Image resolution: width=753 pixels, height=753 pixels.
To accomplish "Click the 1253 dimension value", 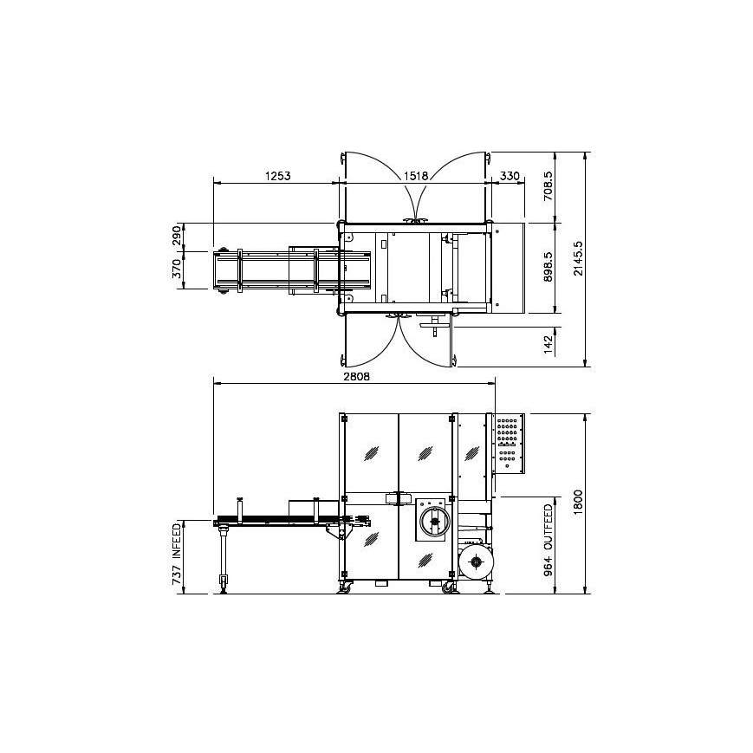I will [x=277, y=176].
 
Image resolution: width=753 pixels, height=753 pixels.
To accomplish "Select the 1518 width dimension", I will [x=416, y=176].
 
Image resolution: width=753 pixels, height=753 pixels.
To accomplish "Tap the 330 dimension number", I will [x=510, y=176].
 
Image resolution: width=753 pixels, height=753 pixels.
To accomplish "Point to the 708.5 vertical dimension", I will [x=548, y=186].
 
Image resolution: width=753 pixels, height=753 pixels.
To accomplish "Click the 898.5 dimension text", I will [x=548, y=268].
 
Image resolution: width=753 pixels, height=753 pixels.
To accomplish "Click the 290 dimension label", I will [x=177, y=237].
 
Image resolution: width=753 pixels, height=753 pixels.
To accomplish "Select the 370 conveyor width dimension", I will [x=177, y=271].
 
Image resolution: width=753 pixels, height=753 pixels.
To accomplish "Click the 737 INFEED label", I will [x=177, y=555].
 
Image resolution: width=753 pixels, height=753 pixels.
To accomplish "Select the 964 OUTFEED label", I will [x=548, y=544].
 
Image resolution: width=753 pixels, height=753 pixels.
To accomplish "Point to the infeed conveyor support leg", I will [x=224, y=559].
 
